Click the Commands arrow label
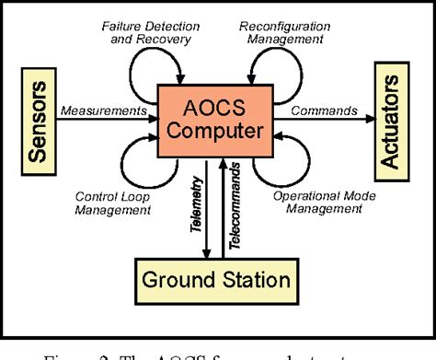click(324, 110)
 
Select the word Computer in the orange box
click(216, 134)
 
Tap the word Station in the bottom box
click(254, 281)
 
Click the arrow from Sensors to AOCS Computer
click(110, 122)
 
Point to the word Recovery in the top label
click(166, 39)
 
